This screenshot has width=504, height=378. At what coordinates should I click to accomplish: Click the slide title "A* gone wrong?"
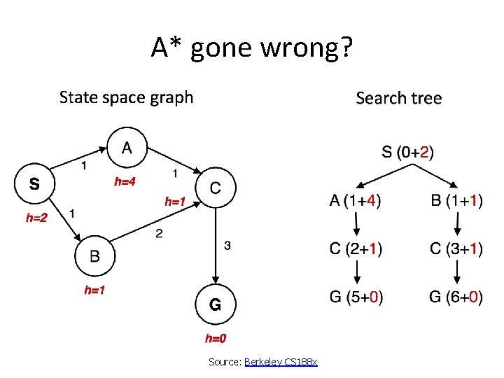pyautogui.click(x=252, y=48)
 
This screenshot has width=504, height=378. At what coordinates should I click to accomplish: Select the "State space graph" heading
pyautogui.click(x=126, y=97)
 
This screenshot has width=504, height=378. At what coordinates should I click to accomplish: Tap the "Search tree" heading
pyautogui.click(x=398, y=98)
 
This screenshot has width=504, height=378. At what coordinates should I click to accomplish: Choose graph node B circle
pyautogui.click(x=94, y=256)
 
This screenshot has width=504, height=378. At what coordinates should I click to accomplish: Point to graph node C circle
pyautogui.click(x=216, y=187)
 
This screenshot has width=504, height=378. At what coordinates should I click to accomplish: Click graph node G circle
pyautogui.click(x=216, y=304)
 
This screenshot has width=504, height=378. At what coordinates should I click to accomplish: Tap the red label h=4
pyautogui.click(x=125, y=181)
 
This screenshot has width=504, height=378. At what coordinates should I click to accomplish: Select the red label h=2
pyautogui.click(x=36, y=218)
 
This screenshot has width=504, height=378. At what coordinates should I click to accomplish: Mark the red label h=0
pyautogui.click(x=216, y=339)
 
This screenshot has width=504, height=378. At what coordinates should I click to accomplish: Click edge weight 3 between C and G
pyautogui.click(x=227, y=245)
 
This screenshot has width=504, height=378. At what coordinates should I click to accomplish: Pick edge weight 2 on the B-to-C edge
pyautogui.click(x=160, y=233)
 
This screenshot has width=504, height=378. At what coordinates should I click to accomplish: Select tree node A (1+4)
pyautogui.click(x=356, y=201)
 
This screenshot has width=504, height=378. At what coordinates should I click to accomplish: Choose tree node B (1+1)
pyautogui.click(x=456, y=201)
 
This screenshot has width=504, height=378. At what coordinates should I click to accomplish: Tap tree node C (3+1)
pyautogui.click(x=456, y=248)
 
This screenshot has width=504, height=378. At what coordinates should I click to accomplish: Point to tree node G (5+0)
pyautogui.click(x=356, y=297)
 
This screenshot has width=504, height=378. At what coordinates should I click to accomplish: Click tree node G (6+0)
pyautogui.click(x=456, y=297)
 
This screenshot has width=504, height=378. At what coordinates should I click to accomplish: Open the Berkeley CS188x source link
pyautogui.click(x=281, y=362)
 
